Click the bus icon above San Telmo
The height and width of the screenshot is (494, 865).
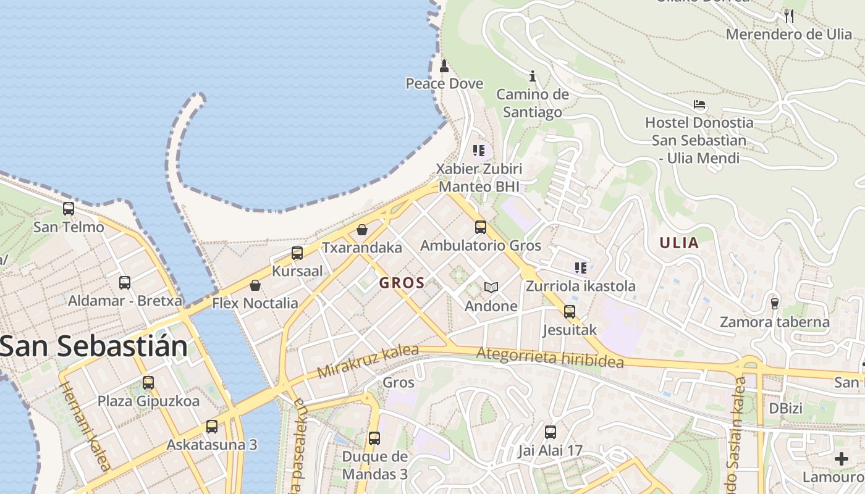pos(69,209)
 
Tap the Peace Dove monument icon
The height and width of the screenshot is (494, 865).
pos(444,65)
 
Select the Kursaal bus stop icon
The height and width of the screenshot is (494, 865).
pos(297,253)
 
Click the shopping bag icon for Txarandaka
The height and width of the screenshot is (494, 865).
pos(362,230)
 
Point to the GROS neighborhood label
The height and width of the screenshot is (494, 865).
pos(402,283)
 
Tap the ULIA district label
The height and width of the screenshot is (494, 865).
pos(679,243)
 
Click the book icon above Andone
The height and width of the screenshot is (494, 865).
pos(491,288)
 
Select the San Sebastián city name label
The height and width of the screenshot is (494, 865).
pos(94,346)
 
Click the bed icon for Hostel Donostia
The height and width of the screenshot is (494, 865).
pos(699,104)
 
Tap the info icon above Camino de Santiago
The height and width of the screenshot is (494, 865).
pos(533,77)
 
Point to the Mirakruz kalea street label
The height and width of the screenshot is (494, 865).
pos(368,362)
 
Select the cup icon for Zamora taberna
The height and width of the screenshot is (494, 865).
pos(775,303)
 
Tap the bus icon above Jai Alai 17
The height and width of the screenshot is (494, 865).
pos(551,432)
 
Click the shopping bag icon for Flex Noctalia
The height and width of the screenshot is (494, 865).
pos(255,285)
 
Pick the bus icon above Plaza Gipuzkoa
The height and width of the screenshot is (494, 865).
pos(148,383)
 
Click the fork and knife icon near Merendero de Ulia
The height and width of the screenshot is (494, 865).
pos(789,16)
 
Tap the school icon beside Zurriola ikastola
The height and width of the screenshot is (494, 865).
pos(581,267)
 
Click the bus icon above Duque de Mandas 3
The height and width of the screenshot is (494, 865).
pos(374,438)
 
